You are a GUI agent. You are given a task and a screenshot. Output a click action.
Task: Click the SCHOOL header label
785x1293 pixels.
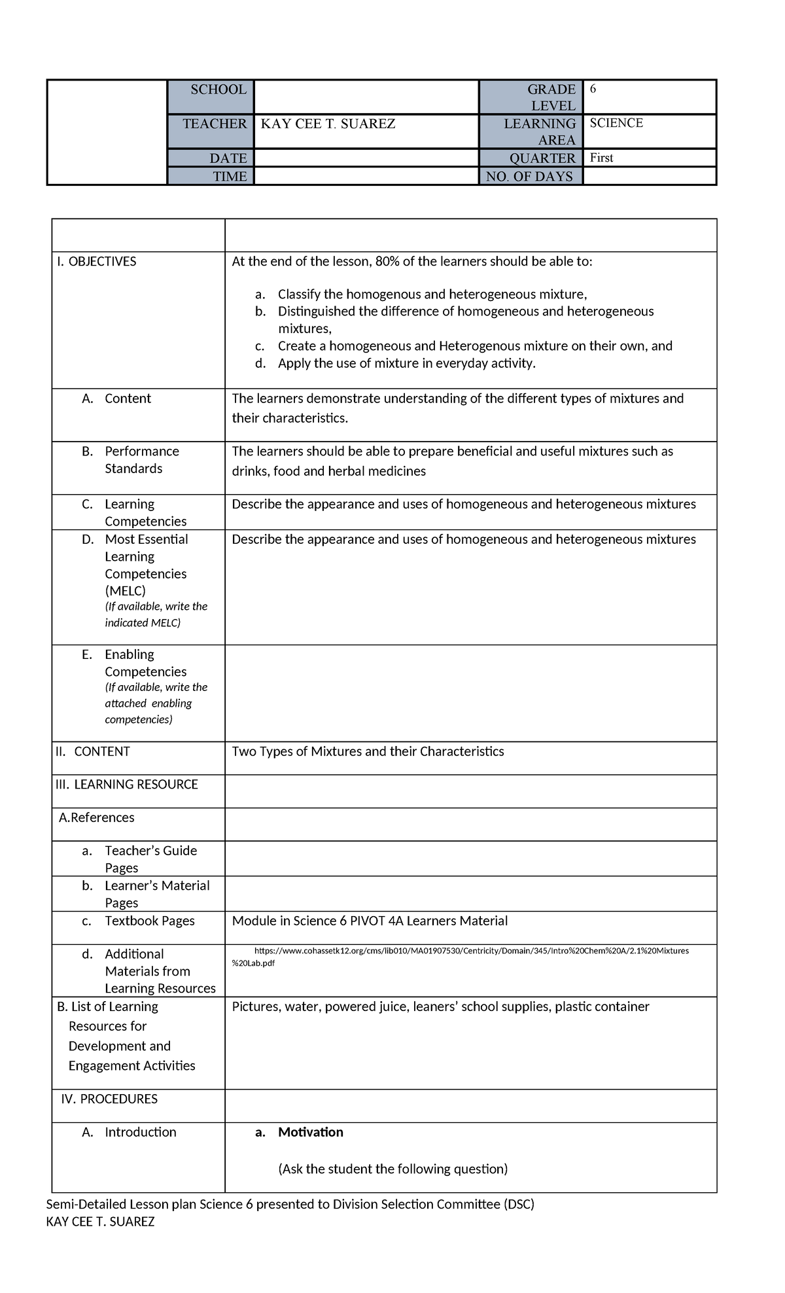[x=218, y=90]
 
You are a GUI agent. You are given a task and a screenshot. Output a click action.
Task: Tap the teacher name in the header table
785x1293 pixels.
[x=328, y=124]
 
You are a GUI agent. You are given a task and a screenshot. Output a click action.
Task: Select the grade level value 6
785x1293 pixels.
[x=593, y=89]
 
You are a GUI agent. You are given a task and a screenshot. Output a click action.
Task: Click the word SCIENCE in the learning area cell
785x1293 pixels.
[x=616, y=123]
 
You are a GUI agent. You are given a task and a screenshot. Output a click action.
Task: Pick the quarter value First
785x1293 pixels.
[x=601, y=158]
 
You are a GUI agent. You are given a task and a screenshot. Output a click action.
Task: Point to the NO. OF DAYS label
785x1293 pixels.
[x=529, y=176]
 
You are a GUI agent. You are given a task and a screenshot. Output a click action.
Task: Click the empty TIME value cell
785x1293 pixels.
[x=366, y=176]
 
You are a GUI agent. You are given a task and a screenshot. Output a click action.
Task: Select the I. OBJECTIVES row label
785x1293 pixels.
[x=96, y=262]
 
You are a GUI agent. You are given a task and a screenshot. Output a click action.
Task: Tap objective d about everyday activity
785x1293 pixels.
[x=406, y=363]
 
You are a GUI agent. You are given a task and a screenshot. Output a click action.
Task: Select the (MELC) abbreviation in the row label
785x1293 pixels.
[x=125, y=591]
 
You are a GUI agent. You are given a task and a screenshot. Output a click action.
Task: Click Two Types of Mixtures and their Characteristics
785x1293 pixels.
[x=368, y=751]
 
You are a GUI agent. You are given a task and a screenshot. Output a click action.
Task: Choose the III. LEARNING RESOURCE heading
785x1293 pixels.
[x=127, y=785]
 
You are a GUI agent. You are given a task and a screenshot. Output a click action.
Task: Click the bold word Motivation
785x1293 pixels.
[x=310, y=1132]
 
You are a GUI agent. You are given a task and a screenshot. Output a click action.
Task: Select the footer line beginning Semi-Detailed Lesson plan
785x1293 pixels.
[x=290, y=1204]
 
